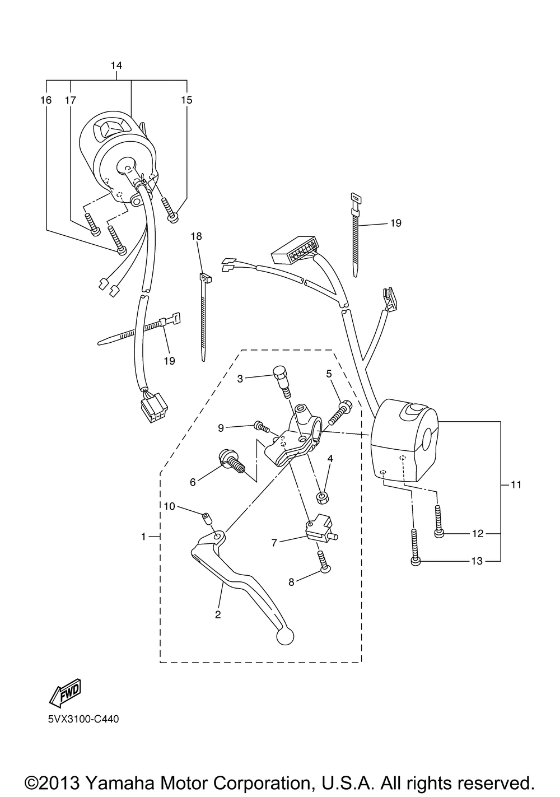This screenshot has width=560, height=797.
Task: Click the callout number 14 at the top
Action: point(116,66)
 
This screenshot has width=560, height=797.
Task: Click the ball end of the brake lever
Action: point(286,636)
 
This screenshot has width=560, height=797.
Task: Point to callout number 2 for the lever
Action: point(218,614)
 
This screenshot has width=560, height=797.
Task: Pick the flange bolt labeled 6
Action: point(231,460)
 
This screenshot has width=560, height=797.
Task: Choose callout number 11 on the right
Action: point(516,485)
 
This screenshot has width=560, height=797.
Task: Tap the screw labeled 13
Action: point(414,546)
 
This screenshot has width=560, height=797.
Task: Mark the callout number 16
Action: point(46,100)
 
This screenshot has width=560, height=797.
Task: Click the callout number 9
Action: point(221,428)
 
